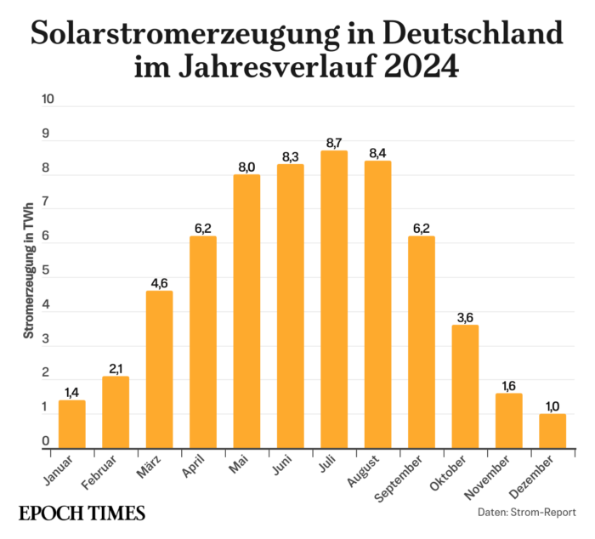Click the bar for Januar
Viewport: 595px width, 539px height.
pyautogui.click(x=71, y=424)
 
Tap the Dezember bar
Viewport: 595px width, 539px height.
pyautogui.click(x=552, y=431)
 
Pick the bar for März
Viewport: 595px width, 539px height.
pyautogui.click(x=159, y=370)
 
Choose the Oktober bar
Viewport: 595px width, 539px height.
pyautogui.click(x=465, y=387)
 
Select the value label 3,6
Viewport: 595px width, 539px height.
pyautogui.click(x=465, y=317)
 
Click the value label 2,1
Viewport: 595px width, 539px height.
pyautogui.click(x=116, y=368)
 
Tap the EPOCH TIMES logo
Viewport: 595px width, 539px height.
pyautogui.click(x=82, y=513)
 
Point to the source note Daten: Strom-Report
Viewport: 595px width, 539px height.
pyautogui.click(x=526, y=513)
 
